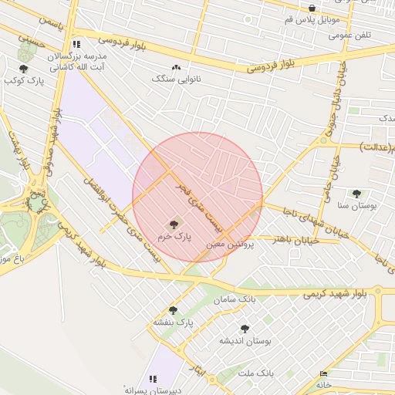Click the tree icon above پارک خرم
[172, 224]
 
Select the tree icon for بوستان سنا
[356, 194]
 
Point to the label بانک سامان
[235, 299]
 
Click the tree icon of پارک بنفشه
[173, 310]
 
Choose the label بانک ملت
[256, 373]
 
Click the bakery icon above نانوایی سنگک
[177, 67]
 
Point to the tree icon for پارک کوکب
[23, 69]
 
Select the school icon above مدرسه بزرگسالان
[76, 45]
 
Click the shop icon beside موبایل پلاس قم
[312, 8]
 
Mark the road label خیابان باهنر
[295, 239]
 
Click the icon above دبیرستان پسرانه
[153, 379]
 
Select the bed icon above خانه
[322, 374]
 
